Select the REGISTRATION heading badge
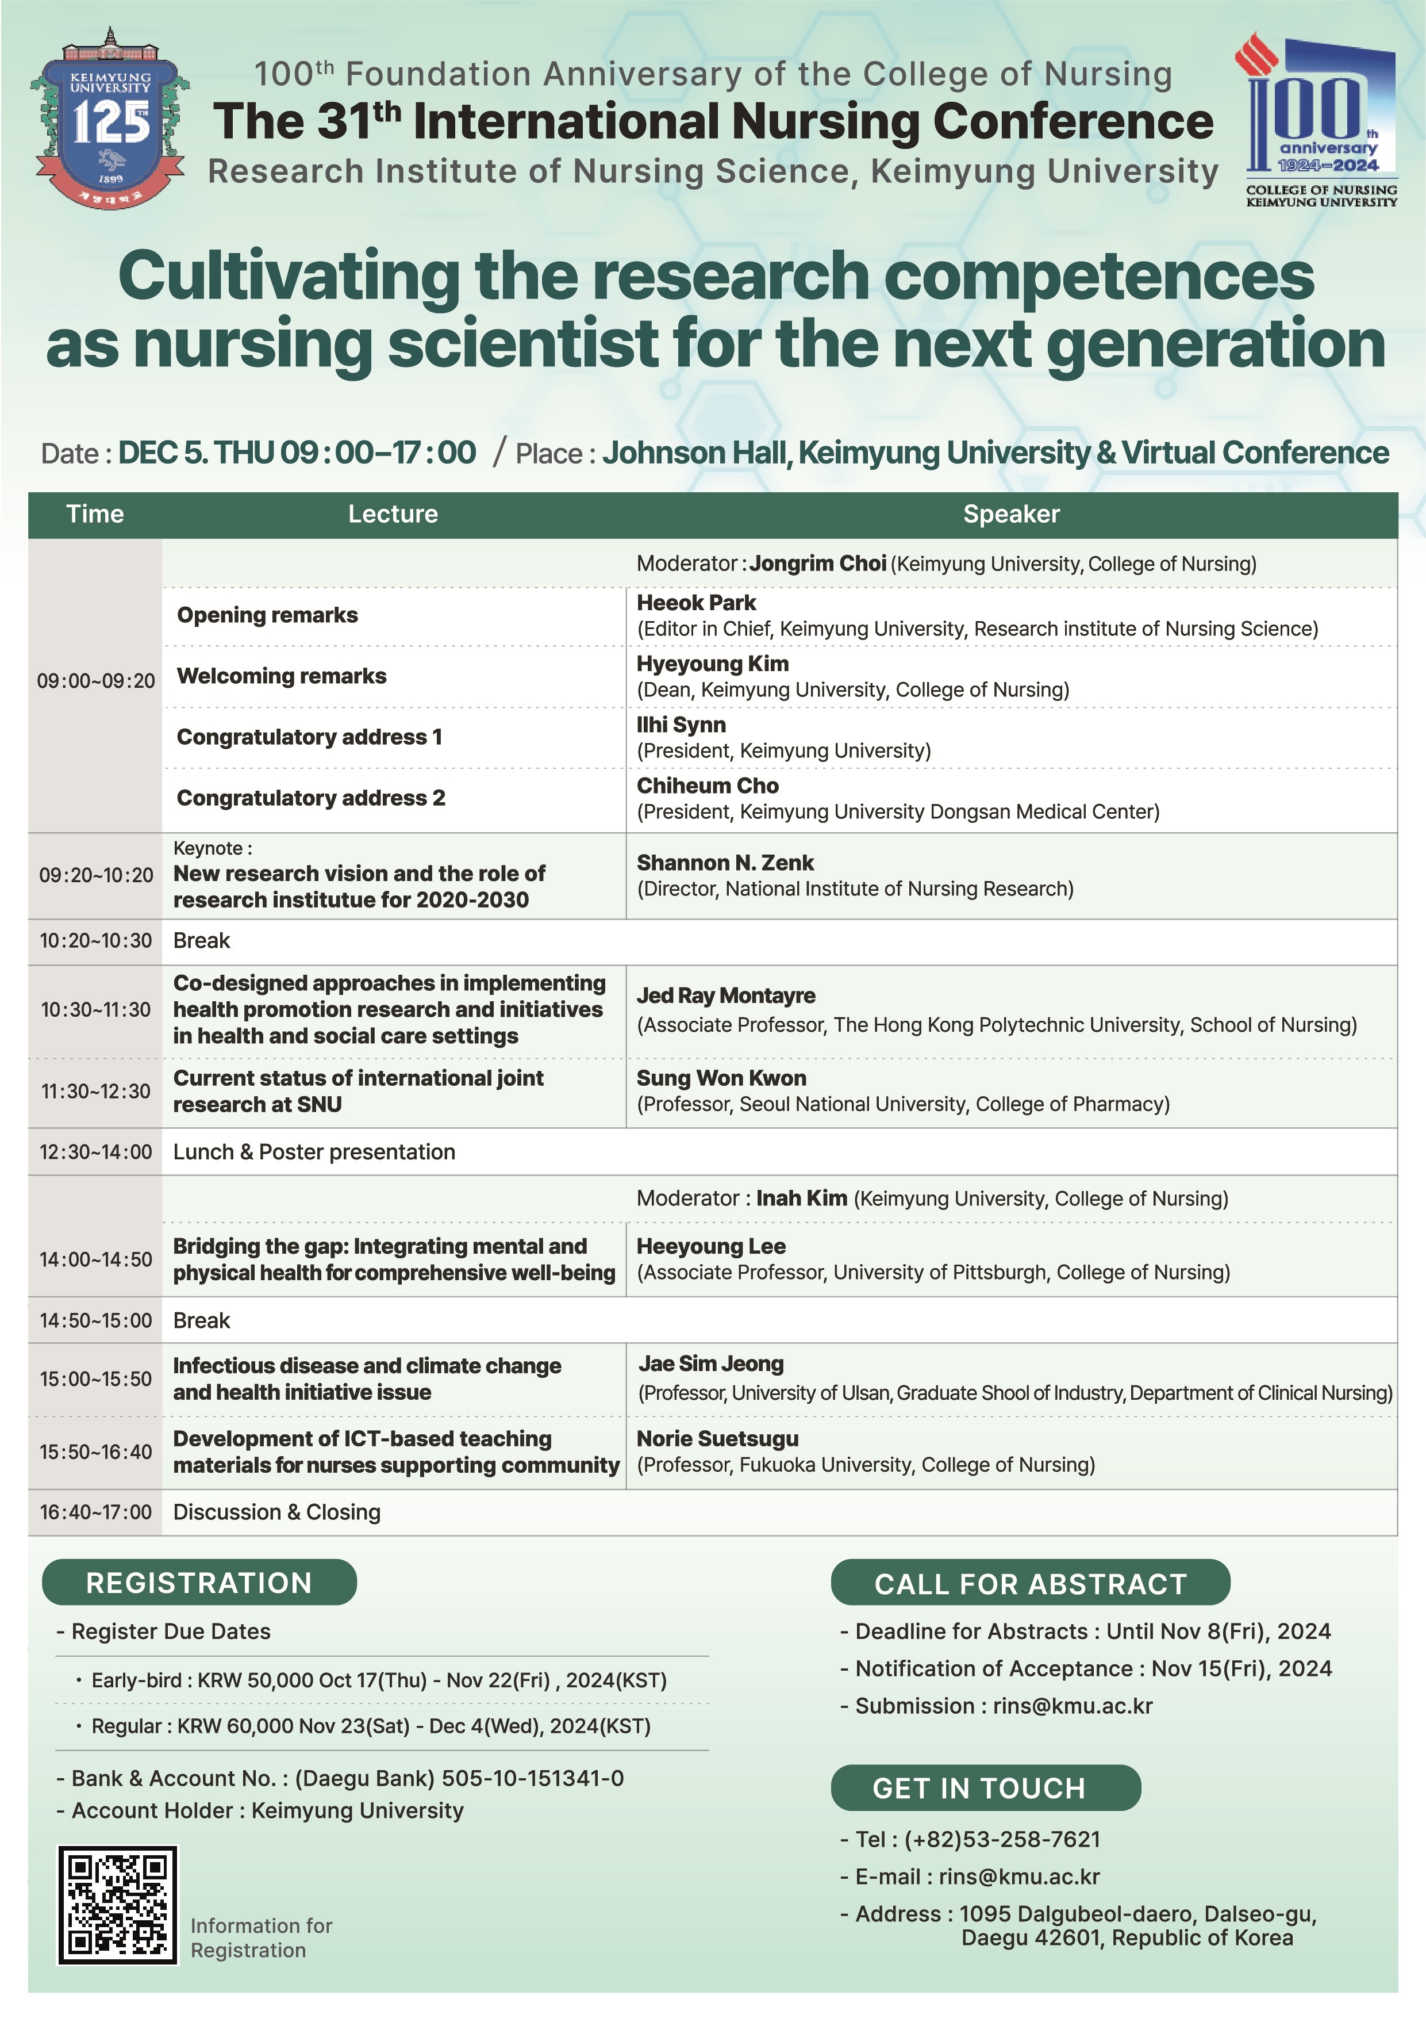[x=199, y=1583]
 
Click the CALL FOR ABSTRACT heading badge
[x=1030, y=1584]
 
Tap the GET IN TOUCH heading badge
[x=985, y=1789]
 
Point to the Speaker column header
[x=1010, y=514]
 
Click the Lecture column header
[x=393, y=514]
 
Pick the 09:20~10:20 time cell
[x=96, y=875]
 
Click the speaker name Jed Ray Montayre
[x=726, y=996]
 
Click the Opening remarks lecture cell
[x=267, y=615]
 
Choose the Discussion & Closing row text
[x=277, y=1512]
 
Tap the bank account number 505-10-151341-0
[x=532, y=1779]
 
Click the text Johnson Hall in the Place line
[x=694, y=454]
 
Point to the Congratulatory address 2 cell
[x=311, y=798]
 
